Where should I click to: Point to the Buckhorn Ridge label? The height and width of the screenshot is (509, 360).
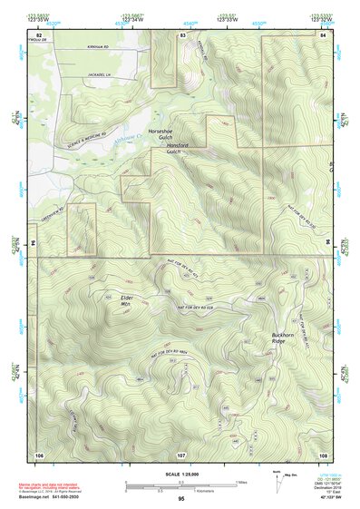285,337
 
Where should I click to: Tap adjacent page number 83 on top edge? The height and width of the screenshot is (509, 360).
182,34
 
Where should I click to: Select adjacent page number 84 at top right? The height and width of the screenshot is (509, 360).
323,34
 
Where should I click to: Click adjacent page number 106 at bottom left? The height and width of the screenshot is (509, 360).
39,453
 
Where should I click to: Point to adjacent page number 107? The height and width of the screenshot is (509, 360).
181,453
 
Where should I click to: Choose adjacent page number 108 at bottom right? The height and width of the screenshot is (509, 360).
323,453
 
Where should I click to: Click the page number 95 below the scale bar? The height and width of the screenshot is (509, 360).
181,498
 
